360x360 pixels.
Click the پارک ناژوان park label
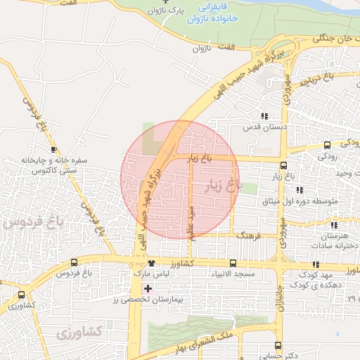point(169,11)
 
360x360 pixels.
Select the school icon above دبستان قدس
point(264,116)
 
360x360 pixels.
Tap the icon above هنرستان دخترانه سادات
point(334,225)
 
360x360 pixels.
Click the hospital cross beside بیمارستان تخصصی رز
point(148,288)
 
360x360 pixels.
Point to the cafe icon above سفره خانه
point(54,149)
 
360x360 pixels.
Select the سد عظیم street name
point(190,222)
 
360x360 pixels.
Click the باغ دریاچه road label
point(316,79)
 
